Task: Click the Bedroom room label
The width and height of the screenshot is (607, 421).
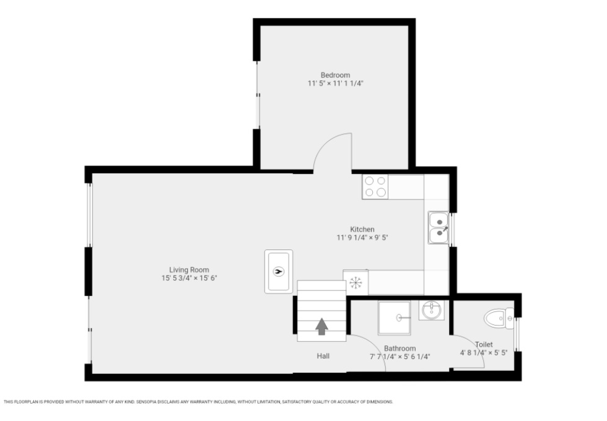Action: (335, 75)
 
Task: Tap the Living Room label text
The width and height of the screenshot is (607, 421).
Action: (189, 270)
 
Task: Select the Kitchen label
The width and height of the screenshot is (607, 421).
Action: (362, 229)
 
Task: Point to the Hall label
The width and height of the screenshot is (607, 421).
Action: (323, 356)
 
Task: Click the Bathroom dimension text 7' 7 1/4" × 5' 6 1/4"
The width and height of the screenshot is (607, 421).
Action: (400, 357)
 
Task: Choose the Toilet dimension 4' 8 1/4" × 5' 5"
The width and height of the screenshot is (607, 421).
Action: (484, 353)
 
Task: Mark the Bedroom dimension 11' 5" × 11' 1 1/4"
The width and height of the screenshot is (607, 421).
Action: (336, 84)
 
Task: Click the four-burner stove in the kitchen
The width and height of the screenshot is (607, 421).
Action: (375, 187)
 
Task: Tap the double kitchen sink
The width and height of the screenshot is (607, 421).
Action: (439, 228)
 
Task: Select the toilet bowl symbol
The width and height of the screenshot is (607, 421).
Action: (499, 318)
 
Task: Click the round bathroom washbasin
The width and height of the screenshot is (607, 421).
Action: (431, 310)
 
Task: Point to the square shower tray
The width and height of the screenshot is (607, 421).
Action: (394, 318)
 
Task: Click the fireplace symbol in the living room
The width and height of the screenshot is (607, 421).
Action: (279, 272)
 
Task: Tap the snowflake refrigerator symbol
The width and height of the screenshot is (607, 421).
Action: (356, 282)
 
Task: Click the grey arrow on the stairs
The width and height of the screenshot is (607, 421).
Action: (321, 326)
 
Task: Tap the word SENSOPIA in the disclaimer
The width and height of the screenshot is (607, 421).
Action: (148, 402)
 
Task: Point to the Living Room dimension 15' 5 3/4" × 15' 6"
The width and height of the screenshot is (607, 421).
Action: (190, 278)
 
